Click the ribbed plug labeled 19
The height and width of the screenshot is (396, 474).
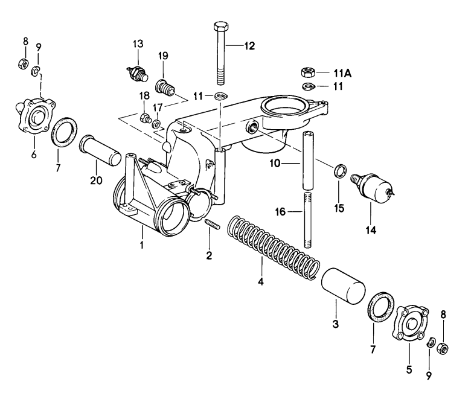pyautogui.click(x=165, y=88)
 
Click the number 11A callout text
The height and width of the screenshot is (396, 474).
pyautogui.click(x=342, y=72)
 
